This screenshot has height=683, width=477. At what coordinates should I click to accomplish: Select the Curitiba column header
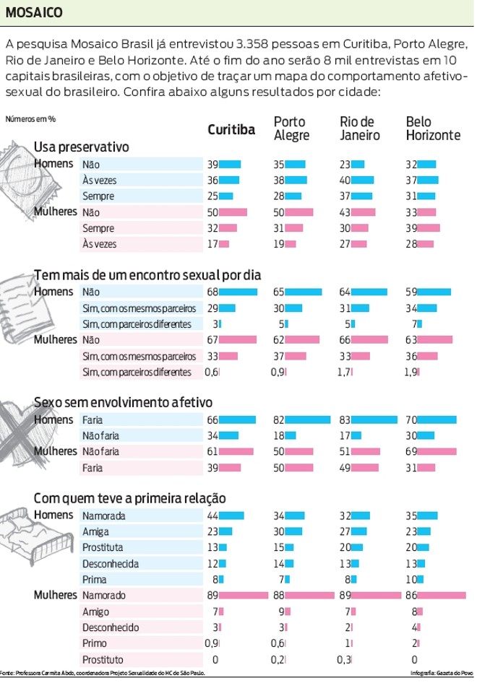coord(231,130)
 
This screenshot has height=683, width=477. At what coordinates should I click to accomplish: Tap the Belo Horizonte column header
coord(433,129)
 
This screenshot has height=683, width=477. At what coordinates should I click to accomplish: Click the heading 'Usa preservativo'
coord(81,147)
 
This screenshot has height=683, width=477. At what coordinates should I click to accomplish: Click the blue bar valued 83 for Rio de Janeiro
coord(374,419)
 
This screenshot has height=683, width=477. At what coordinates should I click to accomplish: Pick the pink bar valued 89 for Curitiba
coord(244,596)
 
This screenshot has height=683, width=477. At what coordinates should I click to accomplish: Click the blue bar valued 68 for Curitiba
coord(238,292)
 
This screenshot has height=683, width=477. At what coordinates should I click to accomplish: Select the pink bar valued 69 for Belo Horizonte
coord(437,451)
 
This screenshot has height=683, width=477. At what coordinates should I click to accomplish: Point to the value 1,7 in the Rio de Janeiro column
coord(344,372)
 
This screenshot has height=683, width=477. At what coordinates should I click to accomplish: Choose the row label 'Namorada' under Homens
coord(104,515)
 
